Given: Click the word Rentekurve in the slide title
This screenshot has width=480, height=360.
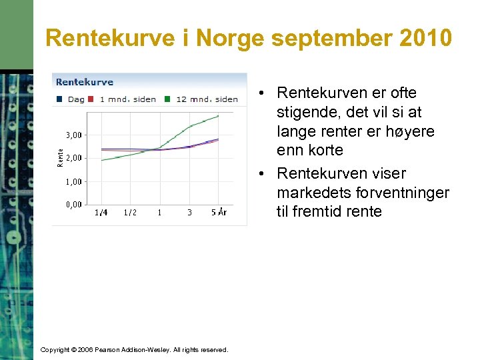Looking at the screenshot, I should click(111, 38).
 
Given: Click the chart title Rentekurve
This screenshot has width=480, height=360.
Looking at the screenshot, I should click(85, 82).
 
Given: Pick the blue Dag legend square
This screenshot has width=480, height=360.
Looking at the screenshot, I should click(60, 99).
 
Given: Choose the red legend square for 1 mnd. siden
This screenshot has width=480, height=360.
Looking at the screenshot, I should click(91, 99).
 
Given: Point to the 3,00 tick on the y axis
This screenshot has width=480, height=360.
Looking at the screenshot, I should click(74, 135).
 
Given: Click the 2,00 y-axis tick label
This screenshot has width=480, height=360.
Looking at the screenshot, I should click(74, 158).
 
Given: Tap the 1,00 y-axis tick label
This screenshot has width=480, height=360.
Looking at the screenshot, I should click(74, 181).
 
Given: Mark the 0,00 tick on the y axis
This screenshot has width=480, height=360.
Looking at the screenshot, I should click(74, 205).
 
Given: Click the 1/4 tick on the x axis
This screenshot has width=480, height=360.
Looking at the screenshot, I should click(101, 213).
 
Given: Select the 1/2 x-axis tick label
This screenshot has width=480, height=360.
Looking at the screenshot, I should click(130, 213).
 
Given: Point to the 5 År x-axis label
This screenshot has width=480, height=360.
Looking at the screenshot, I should click(219, 213).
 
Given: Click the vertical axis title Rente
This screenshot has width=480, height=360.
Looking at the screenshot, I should click(61, 158).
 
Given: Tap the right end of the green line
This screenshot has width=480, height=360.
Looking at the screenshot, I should click(218, 116).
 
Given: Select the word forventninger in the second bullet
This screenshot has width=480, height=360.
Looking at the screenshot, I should click(407, 193).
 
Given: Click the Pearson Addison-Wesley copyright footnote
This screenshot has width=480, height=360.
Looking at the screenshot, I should click(134, 350).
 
